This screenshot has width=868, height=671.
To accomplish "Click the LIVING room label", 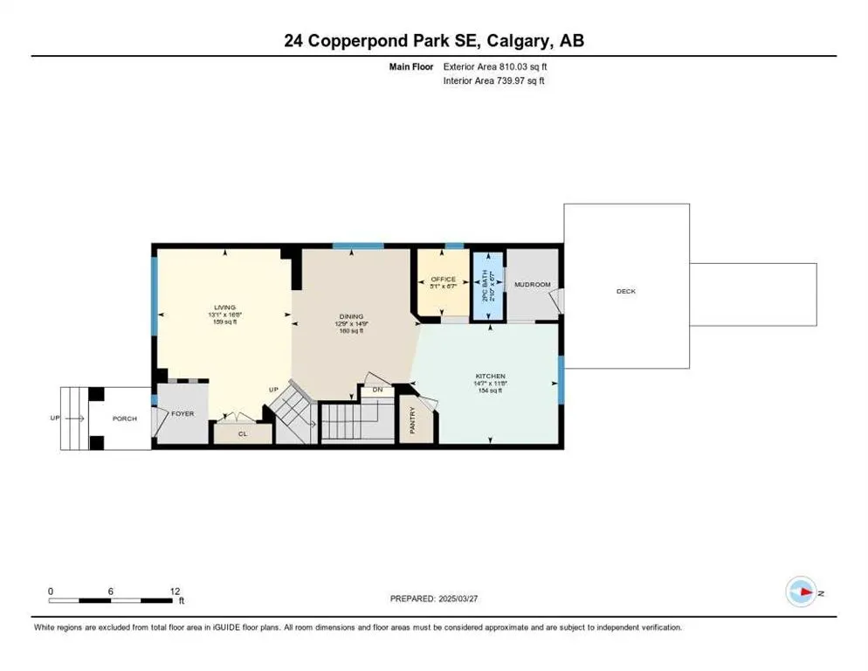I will click(x=225, y=308).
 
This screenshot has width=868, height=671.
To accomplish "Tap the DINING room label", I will click(x=351, y=316).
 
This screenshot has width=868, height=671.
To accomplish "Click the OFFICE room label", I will click(x=444, y=280).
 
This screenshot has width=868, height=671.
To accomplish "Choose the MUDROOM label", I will click(x=532, y=285).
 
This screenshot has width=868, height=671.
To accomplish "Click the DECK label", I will click(x=626, y=291).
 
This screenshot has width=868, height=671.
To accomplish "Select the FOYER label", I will click(x=182, y=413).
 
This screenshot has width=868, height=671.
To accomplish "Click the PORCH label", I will click(x=125, y=419).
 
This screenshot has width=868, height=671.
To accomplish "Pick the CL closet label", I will click(x=243, y=432).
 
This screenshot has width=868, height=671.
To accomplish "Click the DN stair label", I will click(x=377, y=390).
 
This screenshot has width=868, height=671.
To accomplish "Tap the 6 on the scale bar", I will click(x=111, y=591).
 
